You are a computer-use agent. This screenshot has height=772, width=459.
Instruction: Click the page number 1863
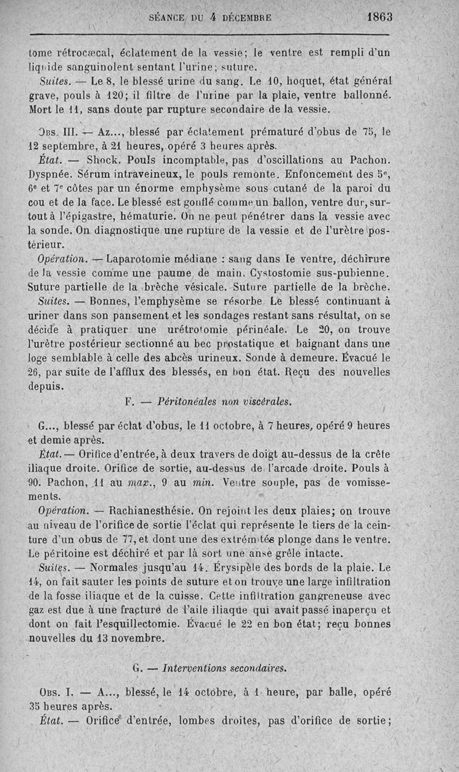click(x=380, y=17)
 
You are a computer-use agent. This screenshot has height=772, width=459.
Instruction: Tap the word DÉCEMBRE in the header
click(x=247, y=18)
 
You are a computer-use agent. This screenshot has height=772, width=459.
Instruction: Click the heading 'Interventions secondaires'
click(x=224, y=668)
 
